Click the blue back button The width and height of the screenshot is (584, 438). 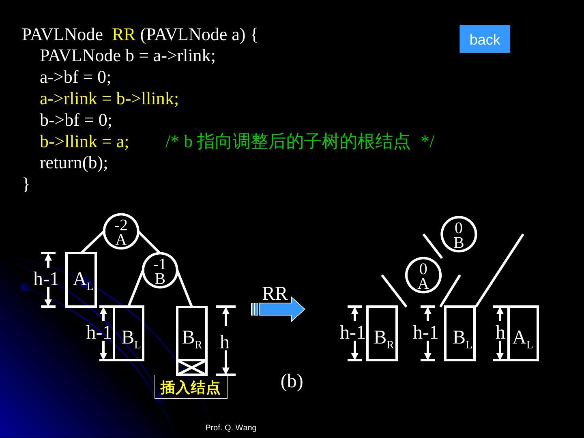click(485, 39)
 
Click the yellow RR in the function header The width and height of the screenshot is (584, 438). click(123, 35)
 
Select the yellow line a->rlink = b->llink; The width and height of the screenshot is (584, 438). click(109, 99)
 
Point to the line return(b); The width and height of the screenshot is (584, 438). click(74, 163)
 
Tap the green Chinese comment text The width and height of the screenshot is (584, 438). click(300, 142)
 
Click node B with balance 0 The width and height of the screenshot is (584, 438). click(459, 234)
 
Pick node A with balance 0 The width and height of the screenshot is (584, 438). click(423, 275)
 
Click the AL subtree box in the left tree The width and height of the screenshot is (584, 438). click(82, 280)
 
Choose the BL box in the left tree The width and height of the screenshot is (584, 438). click(129, 333)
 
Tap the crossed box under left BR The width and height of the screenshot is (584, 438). click(192, 367)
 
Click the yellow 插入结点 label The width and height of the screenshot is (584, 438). click(191, 388)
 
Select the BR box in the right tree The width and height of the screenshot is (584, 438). click(382, 333)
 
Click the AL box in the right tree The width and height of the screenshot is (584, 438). click(524, 333)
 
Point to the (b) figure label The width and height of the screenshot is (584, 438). click(292, 381)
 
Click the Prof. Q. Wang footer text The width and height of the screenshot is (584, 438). click(231, 427)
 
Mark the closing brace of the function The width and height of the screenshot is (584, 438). click(26, 184)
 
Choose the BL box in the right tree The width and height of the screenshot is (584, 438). click(460, 333)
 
